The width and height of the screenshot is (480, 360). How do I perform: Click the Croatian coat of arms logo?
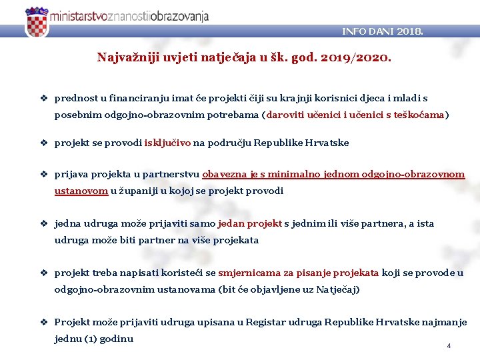pos(37,22)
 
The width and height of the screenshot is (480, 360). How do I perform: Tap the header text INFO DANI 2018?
pos(382,31)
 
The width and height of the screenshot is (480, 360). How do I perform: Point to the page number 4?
pos(449,346)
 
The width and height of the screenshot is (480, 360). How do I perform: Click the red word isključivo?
pos(167,143)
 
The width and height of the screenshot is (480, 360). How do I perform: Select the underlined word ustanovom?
pos(81,191)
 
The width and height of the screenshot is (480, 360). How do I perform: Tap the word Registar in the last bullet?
pos(265,322)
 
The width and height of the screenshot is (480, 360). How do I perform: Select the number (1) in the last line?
pos(89,339)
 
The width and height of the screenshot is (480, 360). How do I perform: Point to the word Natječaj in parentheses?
pos(338,289)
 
